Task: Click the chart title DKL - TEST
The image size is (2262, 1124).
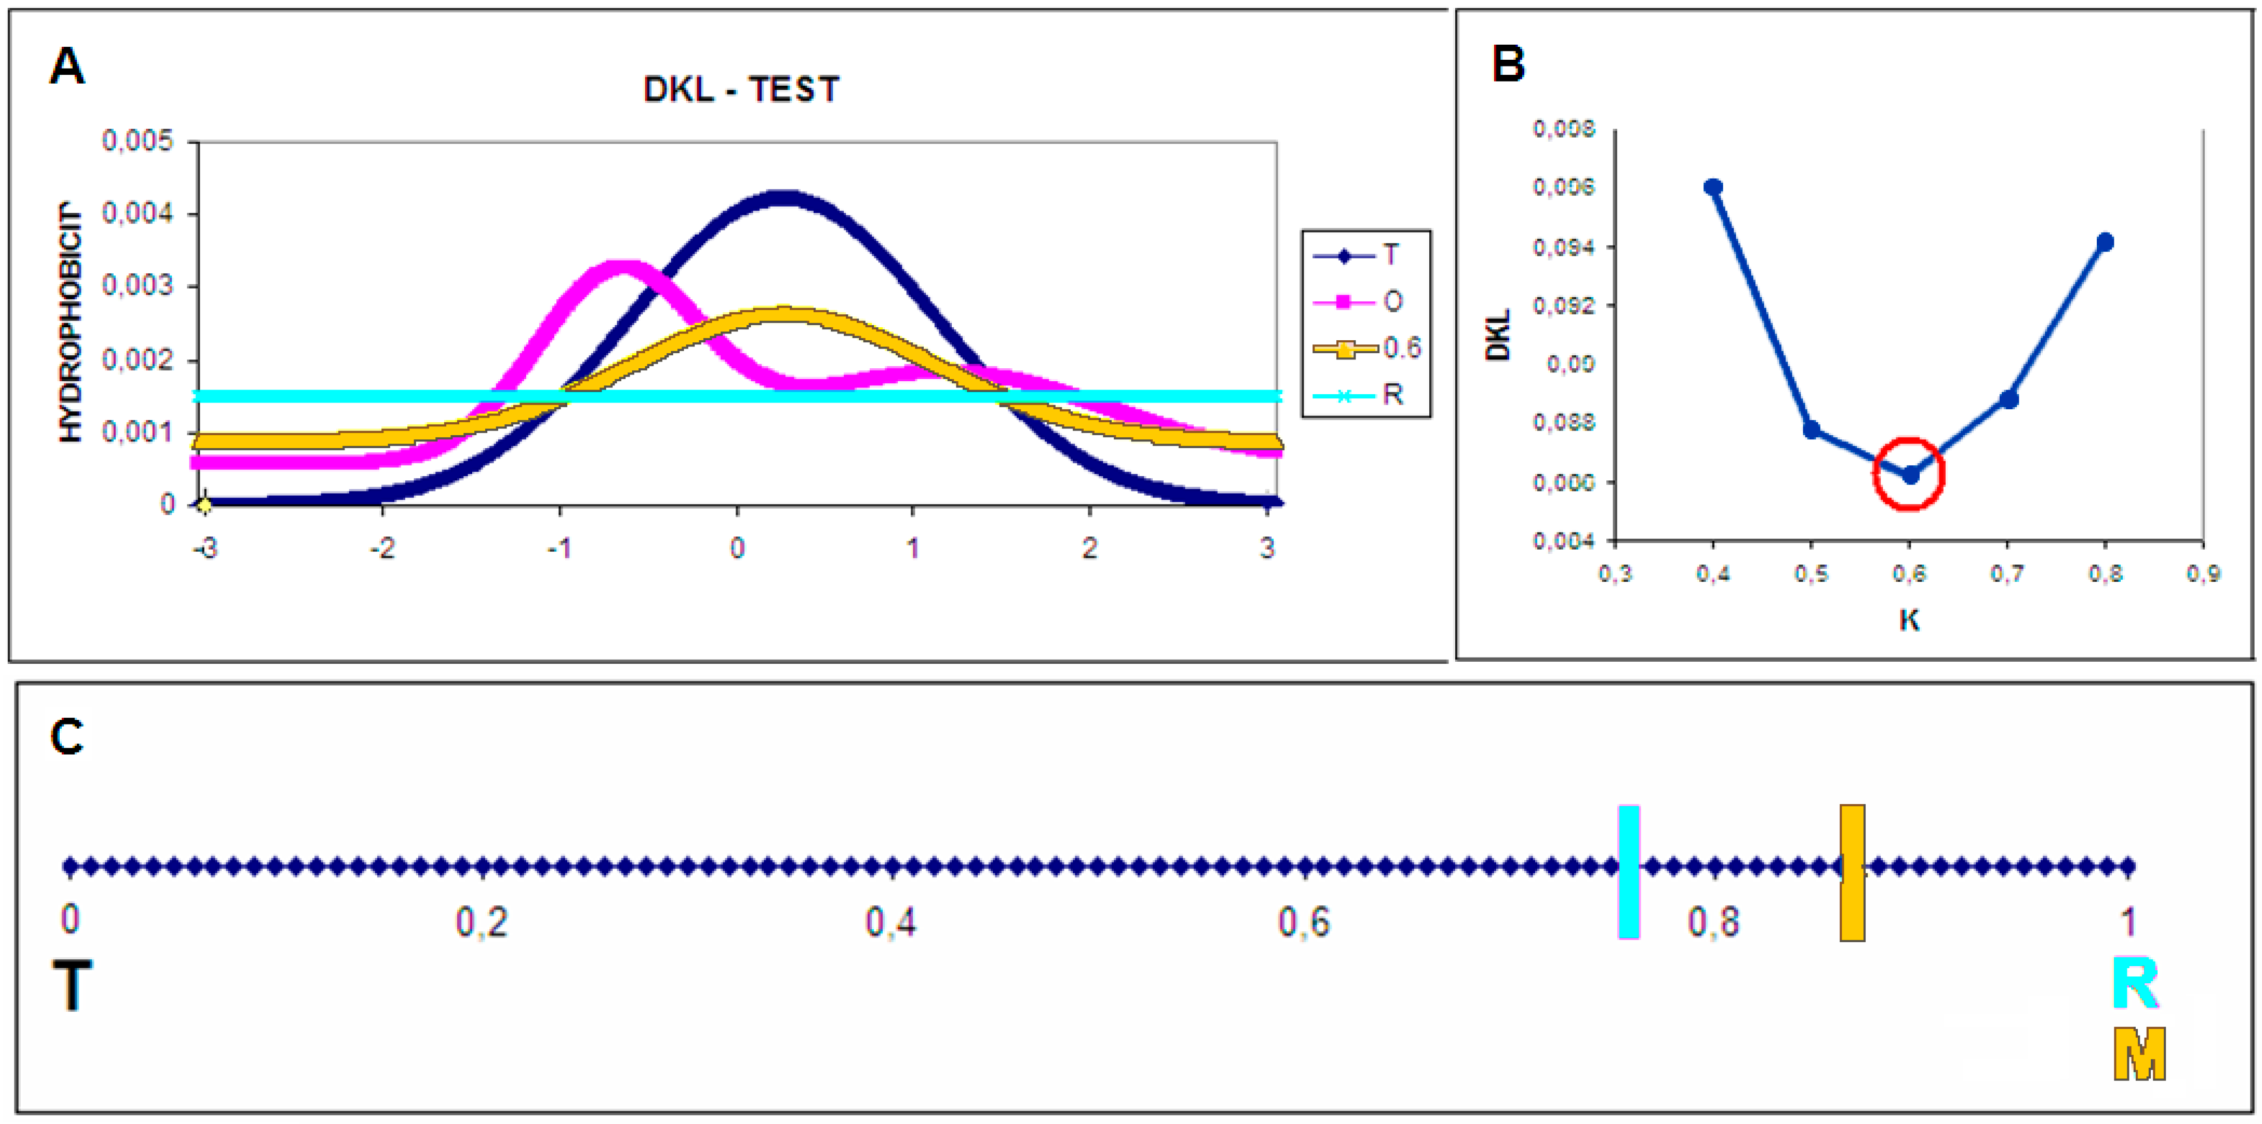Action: pyautogui.click(x=741, y=89)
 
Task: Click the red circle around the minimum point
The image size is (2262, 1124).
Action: pyautogui.click(x=1909, y=473)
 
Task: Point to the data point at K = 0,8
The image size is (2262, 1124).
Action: pyautogui.click(x=2105, y=243)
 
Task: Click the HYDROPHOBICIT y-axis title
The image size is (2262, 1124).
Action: pyautogui.click(x=70, y=323)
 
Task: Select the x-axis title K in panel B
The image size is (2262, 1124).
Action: pyautogui.click(x=1909, y=620)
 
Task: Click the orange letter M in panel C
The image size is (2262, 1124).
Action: pyautogui.click(x=2139, y=1054)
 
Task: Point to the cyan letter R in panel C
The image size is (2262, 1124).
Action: pyautogui.click(x=2136, y=984)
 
